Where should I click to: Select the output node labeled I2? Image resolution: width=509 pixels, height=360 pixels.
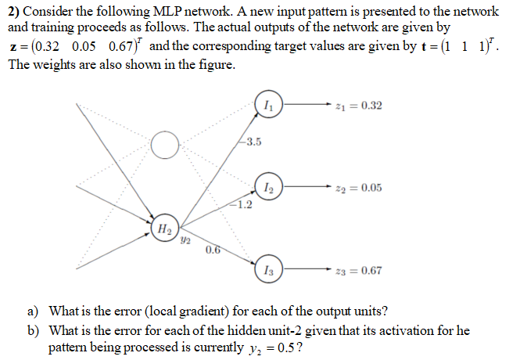(269, 187)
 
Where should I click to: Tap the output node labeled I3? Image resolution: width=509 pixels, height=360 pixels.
(269, 270)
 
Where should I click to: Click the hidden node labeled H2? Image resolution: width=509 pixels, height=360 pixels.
(163, 228)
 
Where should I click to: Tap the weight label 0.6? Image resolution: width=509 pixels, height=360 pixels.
(213, 250)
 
